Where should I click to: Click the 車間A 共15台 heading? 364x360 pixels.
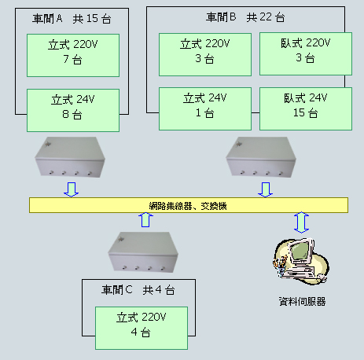point(72,19)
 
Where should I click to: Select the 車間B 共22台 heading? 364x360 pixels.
point(245,17)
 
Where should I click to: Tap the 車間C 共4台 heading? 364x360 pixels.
point(138,290)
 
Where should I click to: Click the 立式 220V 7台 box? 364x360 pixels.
point(73,55)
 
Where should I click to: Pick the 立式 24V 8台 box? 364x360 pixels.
point(73,110)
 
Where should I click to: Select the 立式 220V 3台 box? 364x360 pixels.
point(205,54)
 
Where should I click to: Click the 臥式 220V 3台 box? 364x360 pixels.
point(306,53)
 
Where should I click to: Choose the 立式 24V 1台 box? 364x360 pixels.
point(205,108)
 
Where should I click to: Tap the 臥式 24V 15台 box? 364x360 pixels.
point(306,108)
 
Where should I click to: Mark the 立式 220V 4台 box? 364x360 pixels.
point(142,328)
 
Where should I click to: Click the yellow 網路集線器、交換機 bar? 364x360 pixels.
point(189,205)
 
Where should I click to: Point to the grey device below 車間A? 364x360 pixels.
point(70,157)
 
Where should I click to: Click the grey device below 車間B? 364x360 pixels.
point(261,157)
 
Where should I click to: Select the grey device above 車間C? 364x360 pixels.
point(143,252)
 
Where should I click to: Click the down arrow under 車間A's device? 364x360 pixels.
point(72,189)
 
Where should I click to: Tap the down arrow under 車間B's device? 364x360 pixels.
point(266,189)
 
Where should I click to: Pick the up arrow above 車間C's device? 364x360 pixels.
point(145,220)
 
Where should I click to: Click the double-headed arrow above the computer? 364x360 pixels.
point(301,222)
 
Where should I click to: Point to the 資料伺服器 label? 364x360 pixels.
point(302,302)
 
